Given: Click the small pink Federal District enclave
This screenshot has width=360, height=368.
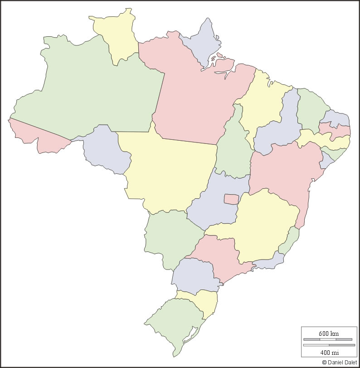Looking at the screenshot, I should click(231, 199).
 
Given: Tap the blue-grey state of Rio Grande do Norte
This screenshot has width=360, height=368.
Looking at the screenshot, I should click(336, 118).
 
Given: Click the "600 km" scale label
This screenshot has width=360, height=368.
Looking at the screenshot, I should click(328, 334).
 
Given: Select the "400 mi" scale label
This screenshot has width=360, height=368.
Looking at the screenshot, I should click(328, 353).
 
